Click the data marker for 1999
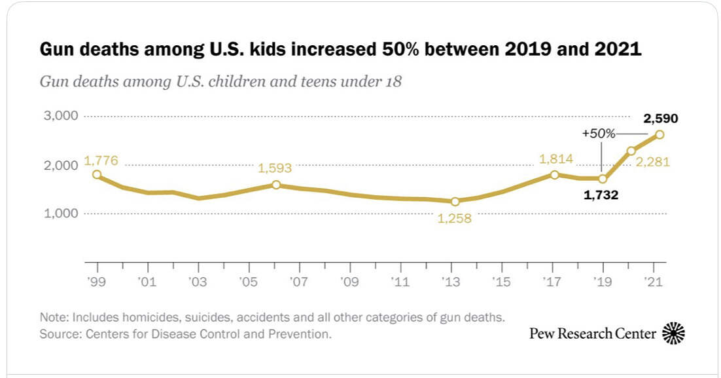pyautogui.click(x=97, y=175)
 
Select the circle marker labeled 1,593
pyautogui.click(x=276, y=185)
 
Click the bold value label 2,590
pyautogui.click(x=661, y=119)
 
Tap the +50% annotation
pyautogui.click(x=599, y=134)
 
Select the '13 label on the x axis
pyautogui.click(x=451, y=282)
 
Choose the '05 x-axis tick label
pyautogui.click(x=248, y=282)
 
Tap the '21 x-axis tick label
pyautogui.click(x=653, y=282)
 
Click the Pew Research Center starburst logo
pyautogui.click(x=673, y=333)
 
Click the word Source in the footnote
pyautogui.click(x=56, y=334)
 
